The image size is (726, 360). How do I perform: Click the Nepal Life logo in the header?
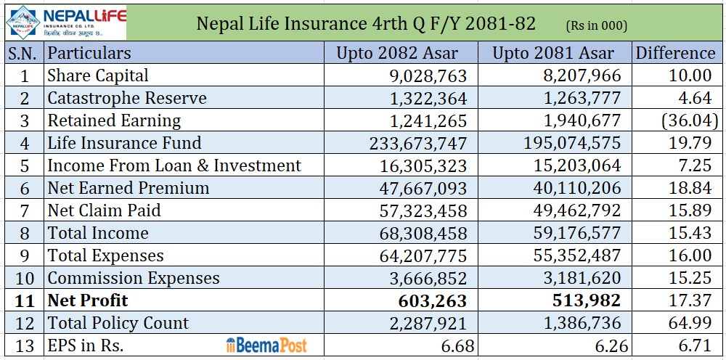pos(65,22)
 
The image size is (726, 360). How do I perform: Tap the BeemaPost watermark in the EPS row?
pos(266,345)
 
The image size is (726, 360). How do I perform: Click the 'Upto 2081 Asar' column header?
pos(553,53)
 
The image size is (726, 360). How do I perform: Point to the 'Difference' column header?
pos(675,53)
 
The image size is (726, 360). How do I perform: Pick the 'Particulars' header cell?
pos(89,53)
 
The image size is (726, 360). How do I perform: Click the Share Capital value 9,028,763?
pos(423,75)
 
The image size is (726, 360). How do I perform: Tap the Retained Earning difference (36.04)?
pos(689,120)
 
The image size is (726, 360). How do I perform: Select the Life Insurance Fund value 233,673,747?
pos(419,143)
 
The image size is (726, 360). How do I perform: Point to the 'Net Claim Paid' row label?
pos(104,210)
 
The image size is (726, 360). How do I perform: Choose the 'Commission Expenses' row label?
pos(134,278)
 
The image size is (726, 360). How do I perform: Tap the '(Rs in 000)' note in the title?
pos(596,25)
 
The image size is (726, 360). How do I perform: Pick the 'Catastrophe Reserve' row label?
pos(127,98)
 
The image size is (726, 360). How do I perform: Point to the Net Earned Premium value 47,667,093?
pos(423,188)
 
